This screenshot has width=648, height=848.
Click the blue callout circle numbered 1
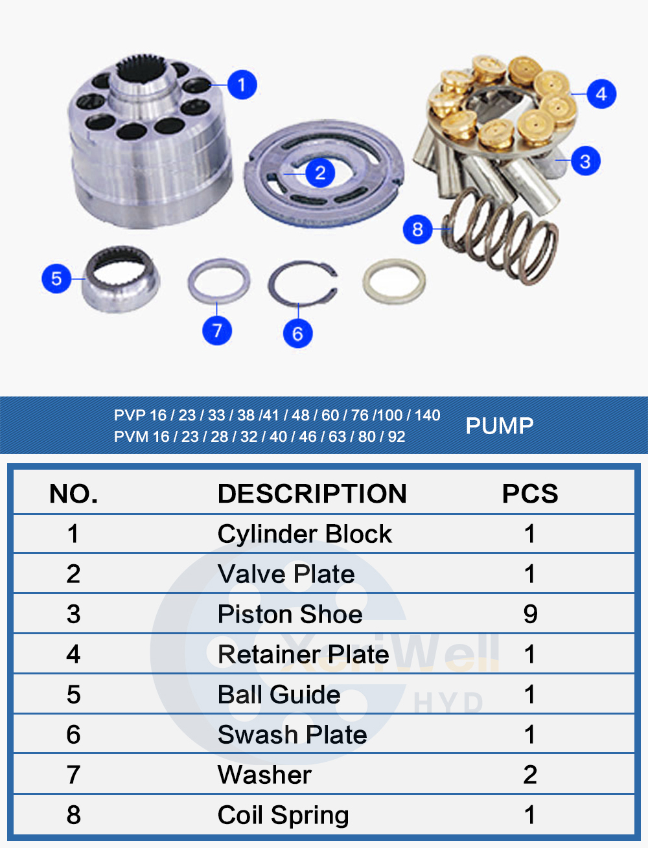[242, 84]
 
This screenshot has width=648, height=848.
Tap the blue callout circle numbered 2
[319, 173]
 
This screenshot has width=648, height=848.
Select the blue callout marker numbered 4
[601, 94]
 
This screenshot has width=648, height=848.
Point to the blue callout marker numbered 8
[417, 229]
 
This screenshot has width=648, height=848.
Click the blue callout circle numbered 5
[56, 279]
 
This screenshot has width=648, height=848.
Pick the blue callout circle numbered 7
[217, 330]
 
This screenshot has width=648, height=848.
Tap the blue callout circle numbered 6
[297, 334]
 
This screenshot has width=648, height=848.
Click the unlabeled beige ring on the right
[394, 281]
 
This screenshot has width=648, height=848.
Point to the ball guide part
[121, 279]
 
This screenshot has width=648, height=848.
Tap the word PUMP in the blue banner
[500, 426]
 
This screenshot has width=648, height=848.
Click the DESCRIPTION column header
[312, 494]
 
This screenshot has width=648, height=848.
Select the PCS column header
[529, 494]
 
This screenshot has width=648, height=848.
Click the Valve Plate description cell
[286, 574]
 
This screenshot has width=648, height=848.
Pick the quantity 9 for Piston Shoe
[530, 614]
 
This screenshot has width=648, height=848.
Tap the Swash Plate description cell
[292, 735]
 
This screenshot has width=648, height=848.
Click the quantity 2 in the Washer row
[530, 775]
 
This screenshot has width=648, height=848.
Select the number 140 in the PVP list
[428, 415]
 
